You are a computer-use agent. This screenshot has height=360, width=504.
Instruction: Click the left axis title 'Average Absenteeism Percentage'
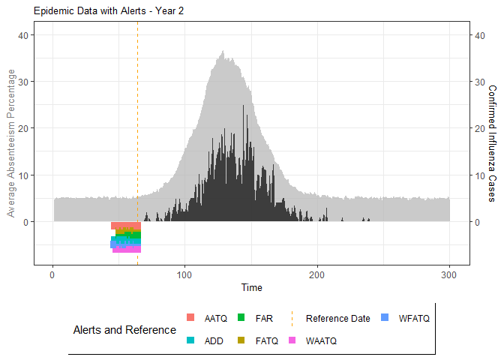point(11,143)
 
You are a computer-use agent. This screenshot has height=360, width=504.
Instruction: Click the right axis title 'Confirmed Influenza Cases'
point(492,143)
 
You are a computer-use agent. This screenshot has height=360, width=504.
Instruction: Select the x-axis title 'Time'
point(252,287)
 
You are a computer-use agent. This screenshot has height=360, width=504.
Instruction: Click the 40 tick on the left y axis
point(25,35)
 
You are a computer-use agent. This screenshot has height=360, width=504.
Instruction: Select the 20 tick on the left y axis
point(25,128)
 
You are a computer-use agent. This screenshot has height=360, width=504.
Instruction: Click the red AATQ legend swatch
point(190,318)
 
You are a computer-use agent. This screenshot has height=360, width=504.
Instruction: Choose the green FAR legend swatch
point(241,318)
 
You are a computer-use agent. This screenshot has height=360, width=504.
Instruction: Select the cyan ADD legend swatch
point(190,340)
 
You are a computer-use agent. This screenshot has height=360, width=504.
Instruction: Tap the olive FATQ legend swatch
point(241,340)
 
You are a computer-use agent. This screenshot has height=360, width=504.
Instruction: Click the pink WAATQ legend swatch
point(292,340)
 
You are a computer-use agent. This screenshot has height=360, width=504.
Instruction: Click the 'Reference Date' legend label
point(337,318)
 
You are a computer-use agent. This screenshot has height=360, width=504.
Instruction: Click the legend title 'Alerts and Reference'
point(124,330)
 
